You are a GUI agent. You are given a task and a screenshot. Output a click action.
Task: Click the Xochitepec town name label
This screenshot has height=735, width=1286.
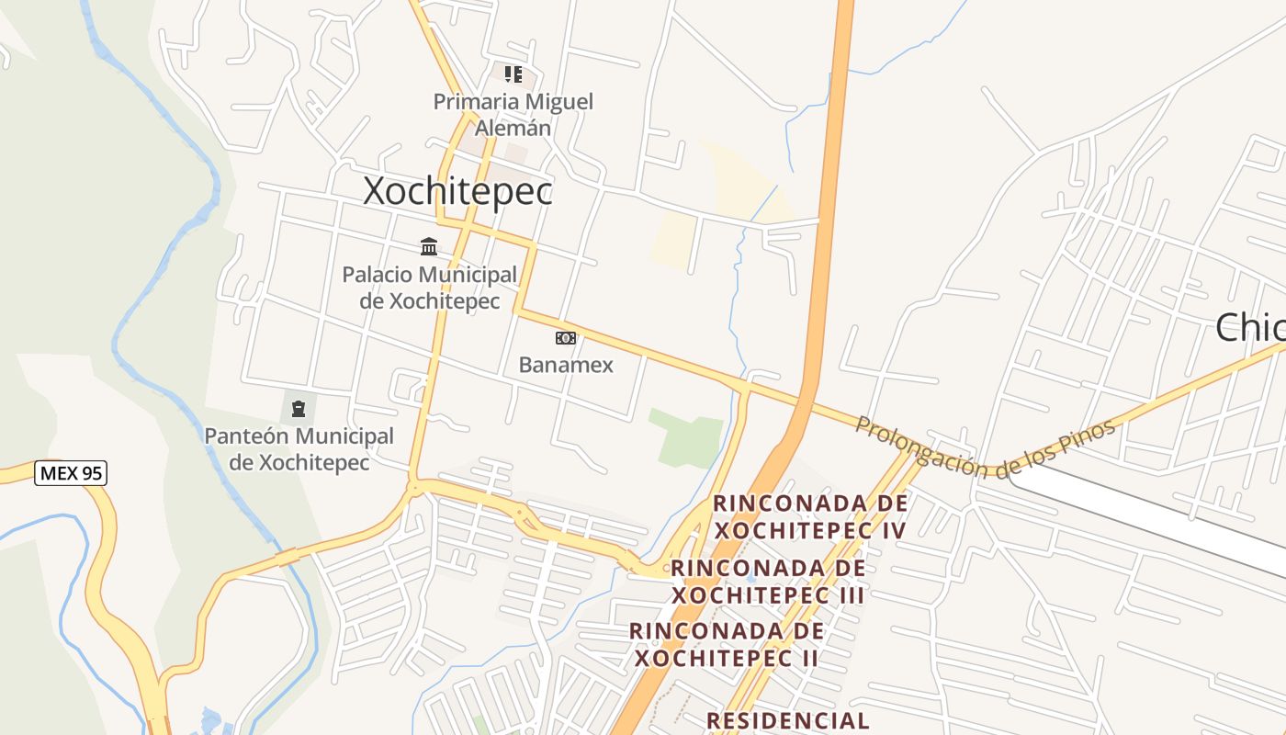pos(457,191)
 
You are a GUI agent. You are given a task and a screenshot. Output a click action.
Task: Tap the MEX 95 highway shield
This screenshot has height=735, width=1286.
pos(71,474)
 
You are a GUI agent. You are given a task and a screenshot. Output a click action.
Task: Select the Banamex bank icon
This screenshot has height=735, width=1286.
pos(566,338)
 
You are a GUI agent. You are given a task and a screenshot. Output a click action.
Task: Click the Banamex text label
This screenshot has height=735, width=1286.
pos(566,365)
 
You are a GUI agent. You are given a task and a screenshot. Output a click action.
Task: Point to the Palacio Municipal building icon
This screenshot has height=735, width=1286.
pos(429,246)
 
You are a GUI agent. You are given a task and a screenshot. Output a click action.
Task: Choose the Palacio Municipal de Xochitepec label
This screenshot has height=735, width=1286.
pos(429,288)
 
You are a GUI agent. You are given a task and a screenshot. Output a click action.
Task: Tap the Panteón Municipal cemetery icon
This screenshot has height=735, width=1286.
pos(299,407)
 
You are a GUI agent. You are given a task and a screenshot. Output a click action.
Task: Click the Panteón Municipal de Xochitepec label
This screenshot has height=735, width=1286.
pos(299,449)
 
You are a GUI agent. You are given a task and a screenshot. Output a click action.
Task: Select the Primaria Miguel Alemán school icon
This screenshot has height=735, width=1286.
pos(513,73)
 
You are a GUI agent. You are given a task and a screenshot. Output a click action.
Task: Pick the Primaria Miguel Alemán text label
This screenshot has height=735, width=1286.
pos(513,114)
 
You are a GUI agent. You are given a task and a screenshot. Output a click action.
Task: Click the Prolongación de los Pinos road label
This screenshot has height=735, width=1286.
pos(985,447)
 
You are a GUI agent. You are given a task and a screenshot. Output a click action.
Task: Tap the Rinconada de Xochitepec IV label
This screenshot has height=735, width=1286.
pos(810,516)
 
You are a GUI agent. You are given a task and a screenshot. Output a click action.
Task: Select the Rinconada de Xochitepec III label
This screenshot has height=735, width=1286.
pos(768,582)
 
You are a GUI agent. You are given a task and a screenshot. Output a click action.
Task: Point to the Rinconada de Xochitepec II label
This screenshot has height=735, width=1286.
pos(726,644)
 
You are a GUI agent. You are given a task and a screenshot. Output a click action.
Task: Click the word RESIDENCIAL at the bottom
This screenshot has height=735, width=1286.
pos(788,720)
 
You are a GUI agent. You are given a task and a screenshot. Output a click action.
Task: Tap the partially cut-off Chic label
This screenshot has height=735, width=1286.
pos(1250,328)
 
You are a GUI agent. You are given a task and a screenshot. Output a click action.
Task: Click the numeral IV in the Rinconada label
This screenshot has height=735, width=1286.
pos(891,530)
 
